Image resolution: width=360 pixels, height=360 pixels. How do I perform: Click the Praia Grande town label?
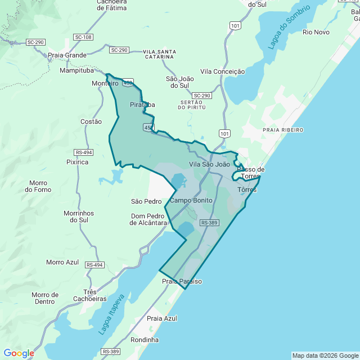pyautogui.click(x=67, y=55)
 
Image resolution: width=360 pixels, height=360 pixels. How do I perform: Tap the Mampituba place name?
pyautogui.click(x=79, y=71)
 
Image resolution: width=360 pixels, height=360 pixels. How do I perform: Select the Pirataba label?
pyautogui.click(x=142, y=105)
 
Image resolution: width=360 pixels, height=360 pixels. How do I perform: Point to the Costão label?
pyautogui.click(x=91, y=121)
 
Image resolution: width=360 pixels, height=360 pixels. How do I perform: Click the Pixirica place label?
pyautogui.click(x=78, y=162)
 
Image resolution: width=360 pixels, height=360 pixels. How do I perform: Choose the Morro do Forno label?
pyautogui.click(x=38, y=186)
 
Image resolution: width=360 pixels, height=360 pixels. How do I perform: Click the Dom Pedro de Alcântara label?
pyautogui.click(x=148, y=219)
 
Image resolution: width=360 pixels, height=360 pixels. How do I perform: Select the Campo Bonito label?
pyautogui.click(x=191, y=200)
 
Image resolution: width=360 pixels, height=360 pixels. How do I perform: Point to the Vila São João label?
pyautogui.click(x=209, y=164)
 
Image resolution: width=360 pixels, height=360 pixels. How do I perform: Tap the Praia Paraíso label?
pyautogui.click(x=182, y=281)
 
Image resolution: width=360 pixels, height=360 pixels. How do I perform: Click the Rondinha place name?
pyautogui.click(x=145, y=340)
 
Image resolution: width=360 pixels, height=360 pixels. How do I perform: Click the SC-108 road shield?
pyautogui.click(x=83, y=37)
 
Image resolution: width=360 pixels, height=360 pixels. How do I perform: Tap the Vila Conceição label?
pyautogui.click(x=222, y=71)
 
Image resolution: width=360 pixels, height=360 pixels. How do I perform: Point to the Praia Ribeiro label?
pyautogui.click(x=283, y=130)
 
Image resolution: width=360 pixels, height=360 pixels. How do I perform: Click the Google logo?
pyautogui.click(x=19, y=353)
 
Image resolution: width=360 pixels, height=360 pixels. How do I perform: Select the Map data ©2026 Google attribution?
pyautogui.click(x=325, y=355)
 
